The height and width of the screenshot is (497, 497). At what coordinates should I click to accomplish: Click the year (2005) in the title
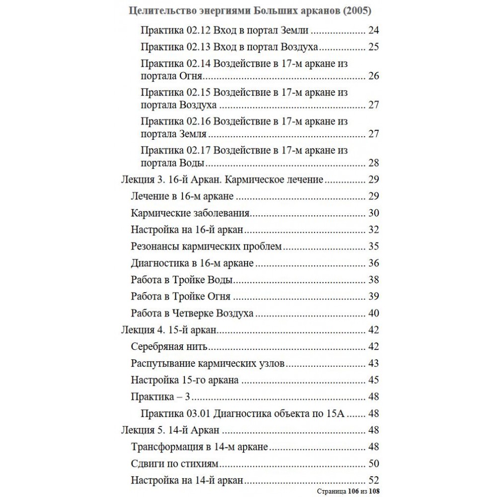tap(357, 10)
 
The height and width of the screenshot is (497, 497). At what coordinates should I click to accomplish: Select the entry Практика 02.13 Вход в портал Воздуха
tap(230, 48)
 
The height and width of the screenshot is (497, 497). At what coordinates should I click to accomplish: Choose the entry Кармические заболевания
tap(190, 213)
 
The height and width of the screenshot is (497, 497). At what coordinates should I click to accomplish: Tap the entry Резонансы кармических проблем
tap(207, 247)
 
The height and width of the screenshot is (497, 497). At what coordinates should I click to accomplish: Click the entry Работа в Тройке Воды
tap(182, 280)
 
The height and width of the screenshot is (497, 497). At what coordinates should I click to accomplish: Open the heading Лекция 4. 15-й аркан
tap(169, 330)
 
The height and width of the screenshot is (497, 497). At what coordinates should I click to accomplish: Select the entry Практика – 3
tap(162, 397)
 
